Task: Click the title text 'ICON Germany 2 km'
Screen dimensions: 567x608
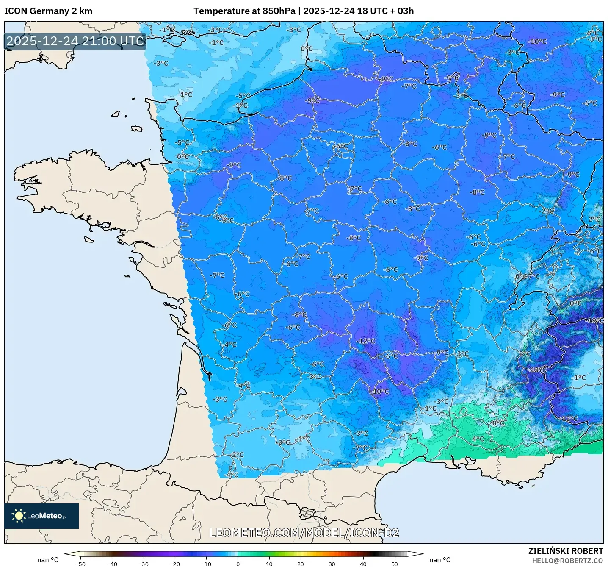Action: point(48,11)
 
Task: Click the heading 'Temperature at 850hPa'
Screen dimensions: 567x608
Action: point(244,11)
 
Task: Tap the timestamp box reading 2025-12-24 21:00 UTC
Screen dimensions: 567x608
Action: point(75,41)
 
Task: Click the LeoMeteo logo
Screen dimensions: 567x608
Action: point(41,516)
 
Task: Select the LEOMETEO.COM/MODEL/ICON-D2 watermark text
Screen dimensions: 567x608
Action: point(304,533)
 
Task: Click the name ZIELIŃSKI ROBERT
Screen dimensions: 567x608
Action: point(566,551)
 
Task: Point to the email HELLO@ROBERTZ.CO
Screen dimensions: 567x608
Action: point(567,561)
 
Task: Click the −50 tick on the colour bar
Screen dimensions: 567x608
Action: point(80,564)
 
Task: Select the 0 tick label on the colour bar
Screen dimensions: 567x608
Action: point(238,564)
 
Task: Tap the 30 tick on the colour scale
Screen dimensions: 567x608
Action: point(332,564)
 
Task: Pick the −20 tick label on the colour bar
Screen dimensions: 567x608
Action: point(175,564)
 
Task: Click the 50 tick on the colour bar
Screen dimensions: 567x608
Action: point(395,564)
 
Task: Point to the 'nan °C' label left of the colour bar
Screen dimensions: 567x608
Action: point(48,560)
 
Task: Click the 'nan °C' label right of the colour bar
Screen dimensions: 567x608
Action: point(440,560)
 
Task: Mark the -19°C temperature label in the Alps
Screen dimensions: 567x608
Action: point(594,320)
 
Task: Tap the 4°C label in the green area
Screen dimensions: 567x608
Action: point(478,439)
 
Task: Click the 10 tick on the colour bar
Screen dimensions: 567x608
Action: point(269,564)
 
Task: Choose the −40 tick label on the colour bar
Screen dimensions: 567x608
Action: point(112,564)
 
